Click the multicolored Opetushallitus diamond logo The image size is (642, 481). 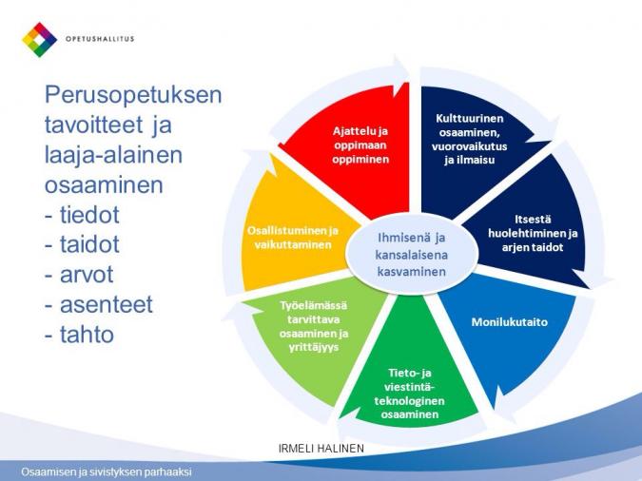pyautogui.click(x=39, y=40)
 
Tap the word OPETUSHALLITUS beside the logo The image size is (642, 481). pyautogui.click(x=100, y=39)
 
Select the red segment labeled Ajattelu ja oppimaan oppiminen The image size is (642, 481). pyautogui.click(x=352, y=151)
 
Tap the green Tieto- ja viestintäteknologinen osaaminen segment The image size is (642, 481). pyautogui.click(x=409, y=376)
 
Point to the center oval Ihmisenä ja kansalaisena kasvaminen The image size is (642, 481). pyautogui.click(x=412, y=254)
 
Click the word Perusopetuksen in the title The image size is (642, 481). pyautogui.click(x=133, y=95)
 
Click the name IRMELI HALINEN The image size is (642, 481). pyautogui.click(x=321, y=449)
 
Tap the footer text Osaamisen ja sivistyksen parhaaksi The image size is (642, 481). pyautogui.click(x=107, y=471)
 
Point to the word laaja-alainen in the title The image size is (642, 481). pyautogui.click(x=113, y=156)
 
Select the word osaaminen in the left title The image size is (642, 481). pyautogui.click(x=104, y=185)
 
